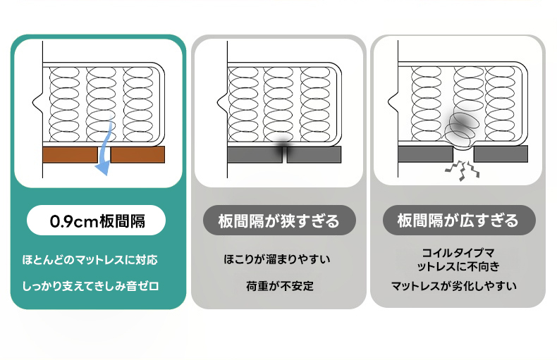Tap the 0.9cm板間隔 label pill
click(x=97, y=221)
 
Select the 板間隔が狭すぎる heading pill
click(x=278, y=221)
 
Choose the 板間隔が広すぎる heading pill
click(x=458, y=221)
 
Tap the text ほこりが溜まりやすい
click(x=278, y=260)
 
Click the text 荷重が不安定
click(x=278, y=286)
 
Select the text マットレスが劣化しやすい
click(x=454, y=286)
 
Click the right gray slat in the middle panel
click(x=314, y=154)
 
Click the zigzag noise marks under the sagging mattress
click(x=463, y=169)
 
